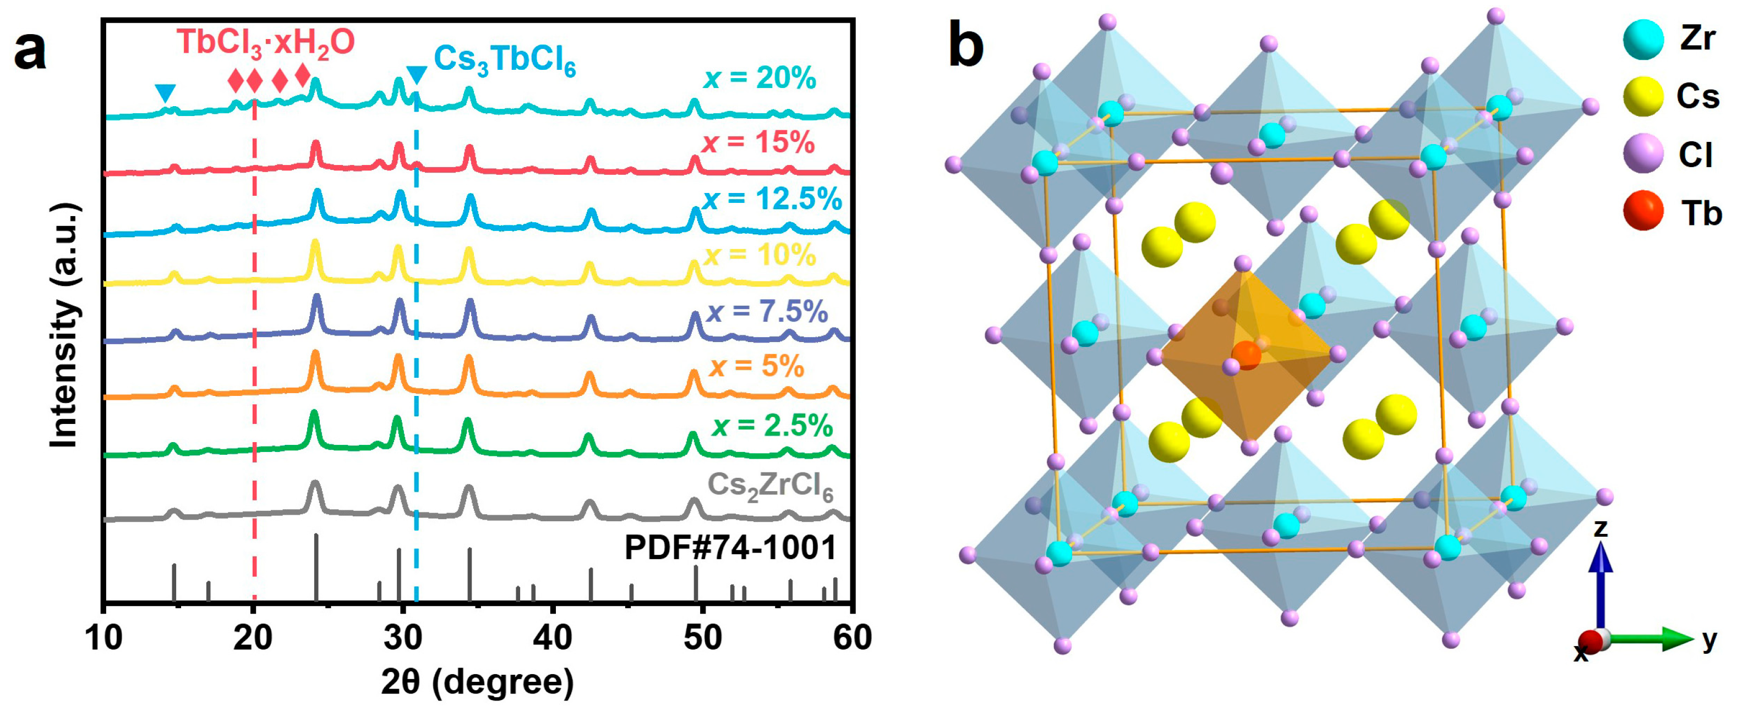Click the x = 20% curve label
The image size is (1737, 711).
(x=760, y=79)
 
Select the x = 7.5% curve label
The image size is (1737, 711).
(x=767, y=311)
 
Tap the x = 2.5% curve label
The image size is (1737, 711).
(x=772, y=426)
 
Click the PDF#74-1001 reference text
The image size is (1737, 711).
(x=730, y=547)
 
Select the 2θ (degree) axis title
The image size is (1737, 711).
(x=477, y=682)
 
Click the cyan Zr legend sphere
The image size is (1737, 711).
(x=1643, y=39)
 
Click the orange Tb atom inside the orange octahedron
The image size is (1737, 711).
(x=1246, y=355)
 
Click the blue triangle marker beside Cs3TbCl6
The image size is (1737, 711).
(x=417, y=75)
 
